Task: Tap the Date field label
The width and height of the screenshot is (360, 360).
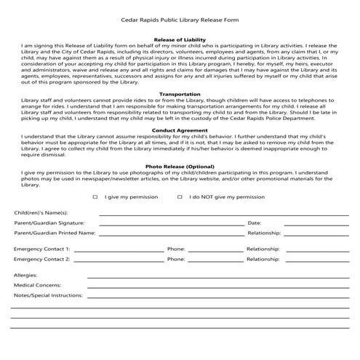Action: tap(254, 223)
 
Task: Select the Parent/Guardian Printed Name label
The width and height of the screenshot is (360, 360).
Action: tap(55, 233)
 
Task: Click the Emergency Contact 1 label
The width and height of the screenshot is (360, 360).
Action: tap(41, 248)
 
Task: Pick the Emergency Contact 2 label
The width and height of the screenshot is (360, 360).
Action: tap(41, 258)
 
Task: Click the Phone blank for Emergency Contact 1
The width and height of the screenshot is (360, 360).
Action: tap(215, 249)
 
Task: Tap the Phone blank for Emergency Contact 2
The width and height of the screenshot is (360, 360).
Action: tap(215, 259)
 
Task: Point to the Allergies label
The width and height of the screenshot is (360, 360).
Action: tap(25, 275)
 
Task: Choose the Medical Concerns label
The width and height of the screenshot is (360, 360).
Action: tap(37, 285)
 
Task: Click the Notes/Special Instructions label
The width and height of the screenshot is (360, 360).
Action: tap(47, 295)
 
